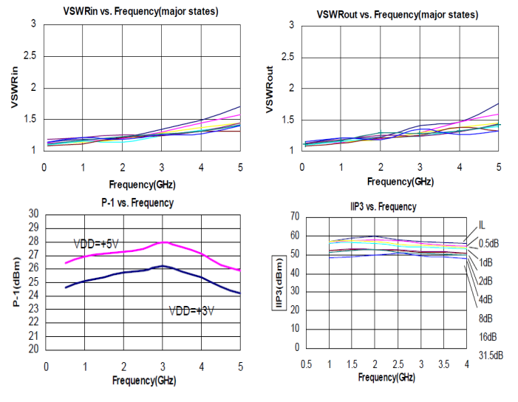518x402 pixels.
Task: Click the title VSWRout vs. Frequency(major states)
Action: (397, 15)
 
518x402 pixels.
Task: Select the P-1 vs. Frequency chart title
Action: (137, 202)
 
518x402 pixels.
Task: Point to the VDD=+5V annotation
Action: (97, 243)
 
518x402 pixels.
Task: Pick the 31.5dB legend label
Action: (491, 355)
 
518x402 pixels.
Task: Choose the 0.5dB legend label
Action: (489, 244)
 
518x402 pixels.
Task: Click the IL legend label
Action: (482, 225)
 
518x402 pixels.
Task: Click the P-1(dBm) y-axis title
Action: (17, 282)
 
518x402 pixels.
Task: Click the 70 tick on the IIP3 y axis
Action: (294, 217)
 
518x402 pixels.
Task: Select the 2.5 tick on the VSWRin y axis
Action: (29, 56)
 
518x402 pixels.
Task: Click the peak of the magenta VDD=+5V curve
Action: (164, 242)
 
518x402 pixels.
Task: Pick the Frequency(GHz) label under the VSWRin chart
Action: (143, 183)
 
